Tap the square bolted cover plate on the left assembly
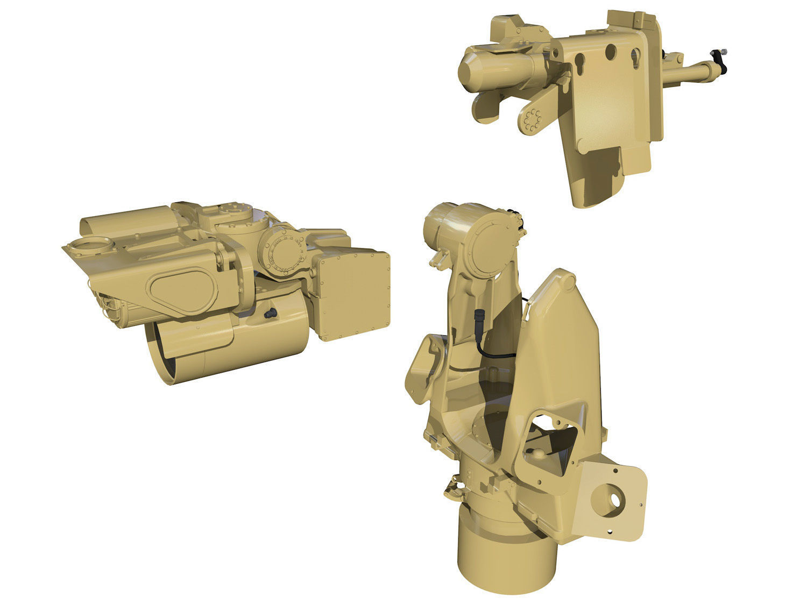(x=353, y=295)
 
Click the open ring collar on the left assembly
(x=89, y=246)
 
